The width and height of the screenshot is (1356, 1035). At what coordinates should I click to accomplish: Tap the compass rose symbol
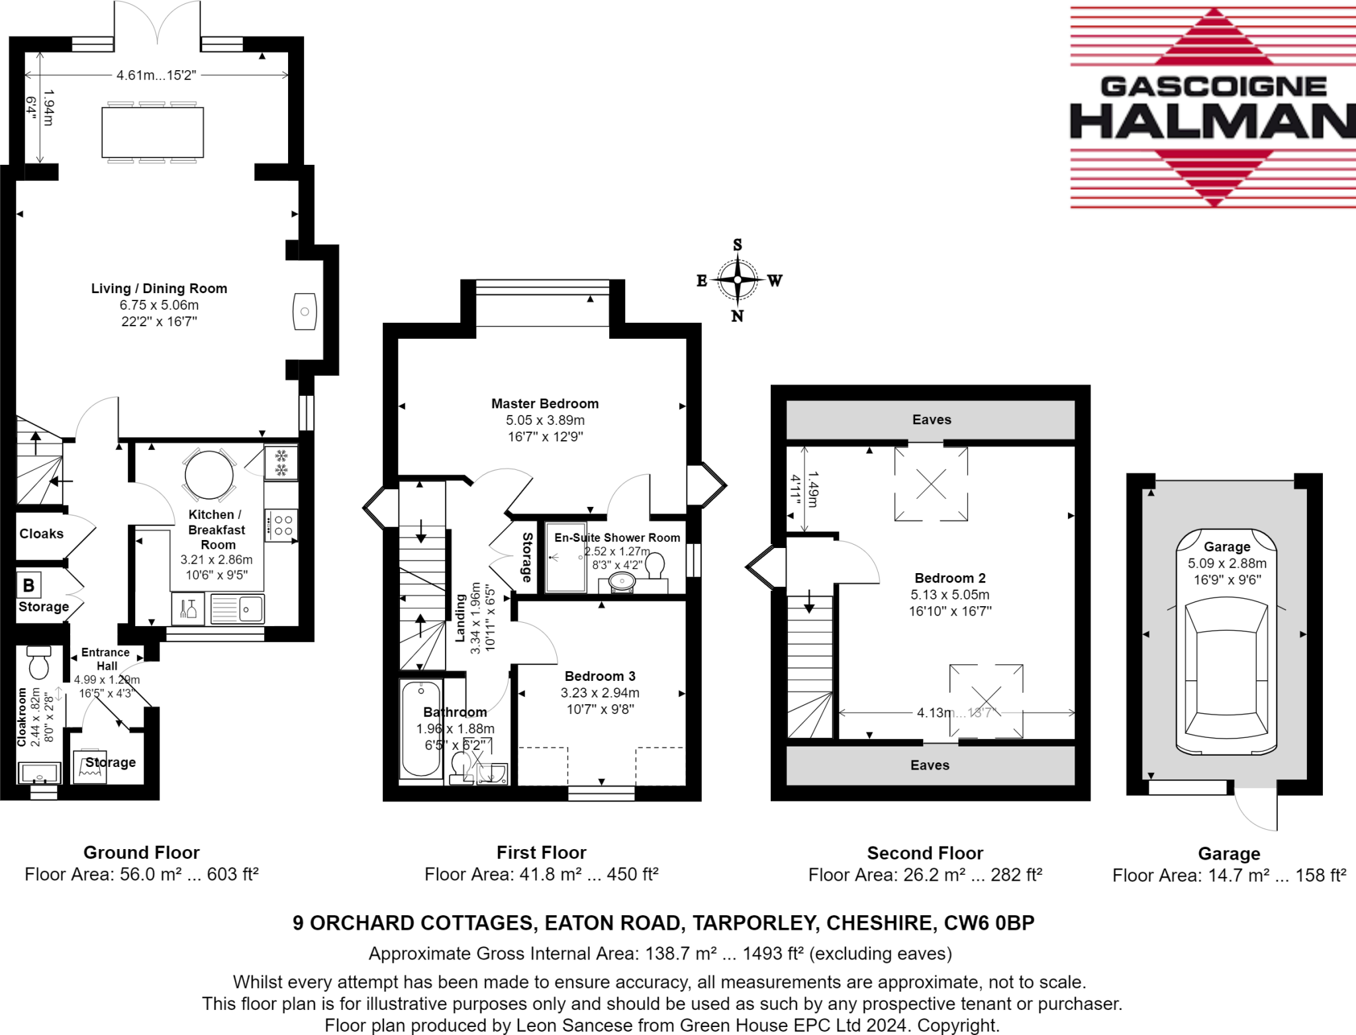pyautogui.click(x=738, y=281)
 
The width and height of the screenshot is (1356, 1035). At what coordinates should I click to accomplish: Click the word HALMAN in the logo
pyautogui.click(x=1212, y=122)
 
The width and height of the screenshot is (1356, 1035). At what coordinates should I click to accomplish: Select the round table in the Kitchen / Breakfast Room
pyautogui.click(x=209, y=474)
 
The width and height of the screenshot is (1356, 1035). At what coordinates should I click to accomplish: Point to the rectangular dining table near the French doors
pyautogui.click(x=152, y=133)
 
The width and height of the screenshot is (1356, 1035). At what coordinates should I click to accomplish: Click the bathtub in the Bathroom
pyautogui.click(x=421, y=729)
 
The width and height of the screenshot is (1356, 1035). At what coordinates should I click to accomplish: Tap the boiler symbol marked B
pyautogui.click(x=29, y=585)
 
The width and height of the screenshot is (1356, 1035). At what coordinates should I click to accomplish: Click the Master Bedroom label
pyautogui.click(x=544, y=404)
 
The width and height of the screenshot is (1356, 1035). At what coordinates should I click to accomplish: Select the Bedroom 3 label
pyautogui.click(x=600, y=676)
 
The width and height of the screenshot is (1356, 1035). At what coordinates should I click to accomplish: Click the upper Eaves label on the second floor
pyautogui.click(x=931, y=420)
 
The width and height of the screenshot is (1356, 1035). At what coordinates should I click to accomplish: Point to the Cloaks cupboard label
pyautogui.click(x=41, y=534)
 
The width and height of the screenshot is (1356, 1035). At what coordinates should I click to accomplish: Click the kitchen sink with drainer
pyautogui.click(x=237, y=608)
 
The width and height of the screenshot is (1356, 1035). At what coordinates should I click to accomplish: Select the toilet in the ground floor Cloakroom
pyautogui.click(x=39, y=662)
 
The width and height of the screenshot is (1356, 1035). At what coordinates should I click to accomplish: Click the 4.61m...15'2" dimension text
pyautogui.click(x=156, y=75)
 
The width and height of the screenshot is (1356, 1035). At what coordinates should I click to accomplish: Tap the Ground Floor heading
pyautogui.click(x=141, y=852)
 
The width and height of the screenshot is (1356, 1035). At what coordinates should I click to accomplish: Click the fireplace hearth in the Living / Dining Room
pyautogui.click(x=305, y=311)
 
